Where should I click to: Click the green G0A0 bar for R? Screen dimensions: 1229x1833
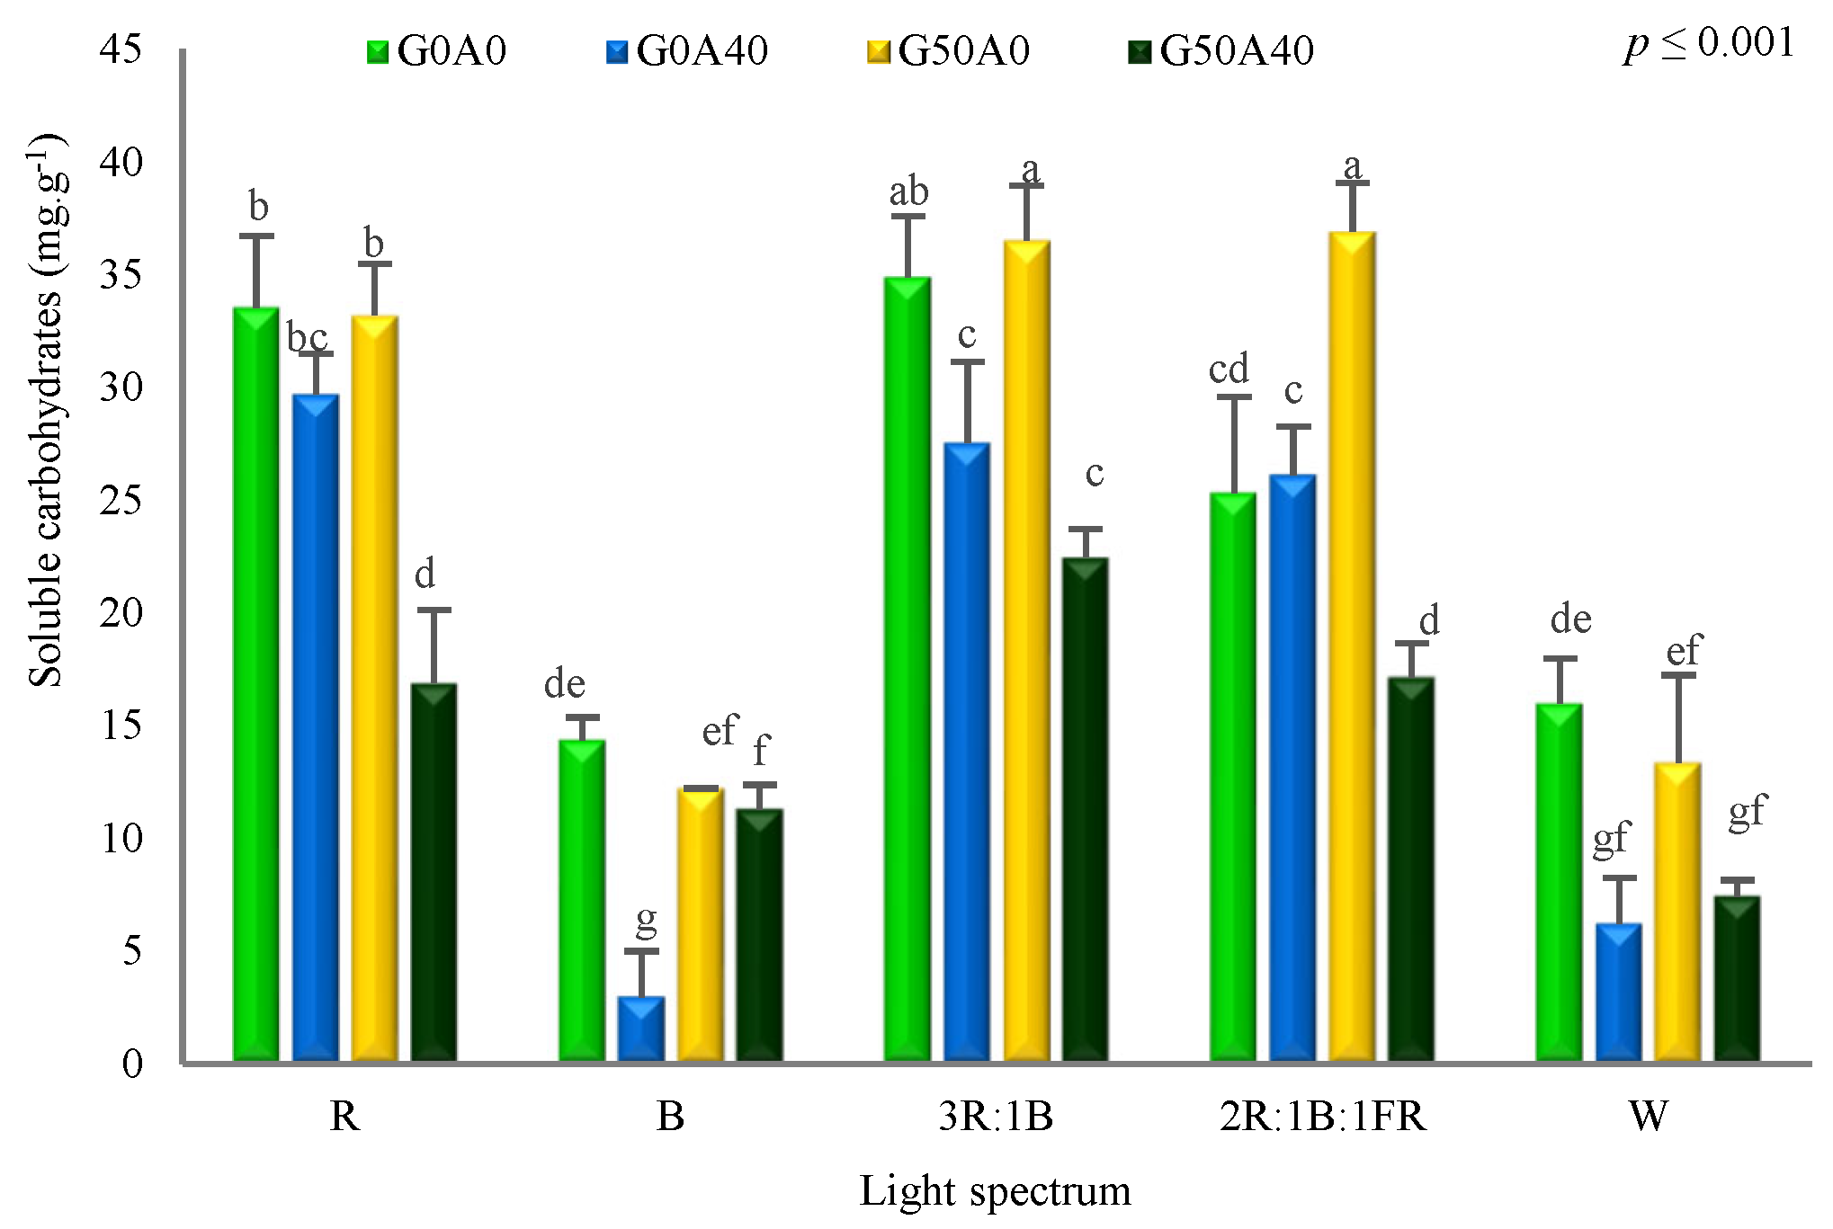tap(255, 683)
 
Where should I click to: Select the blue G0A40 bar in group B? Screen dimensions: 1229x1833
tap(640, 1029)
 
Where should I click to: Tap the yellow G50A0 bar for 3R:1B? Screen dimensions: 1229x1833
tap(1026, 651)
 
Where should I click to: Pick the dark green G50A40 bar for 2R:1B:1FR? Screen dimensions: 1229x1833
tap(1410, 868)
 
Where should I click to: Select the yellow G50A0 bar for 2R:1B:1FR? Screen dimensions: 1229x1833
tap(1352, 646)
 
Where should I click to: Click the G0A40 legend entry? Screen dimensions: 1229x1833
tap(687, 51)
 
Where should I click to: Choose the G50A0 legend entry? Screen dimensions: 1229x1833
tap(949, 51)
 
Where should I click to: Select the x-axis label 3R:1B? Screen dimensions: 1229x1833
tap(996, 1117)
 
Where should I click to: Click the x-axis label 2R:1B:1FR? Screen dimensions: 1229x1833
tap(1322, 1117)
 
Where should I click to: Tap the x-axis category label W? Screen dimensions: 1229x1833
tap(1648, 1117)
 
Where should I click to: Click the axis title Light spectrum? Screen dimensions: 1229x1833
tap(995, 1191)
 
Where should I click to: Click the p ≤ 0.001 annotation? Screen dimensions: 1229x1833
tap(1709, 45)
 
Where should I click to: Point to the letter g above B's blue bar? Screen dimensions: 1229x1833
tap(646, 920)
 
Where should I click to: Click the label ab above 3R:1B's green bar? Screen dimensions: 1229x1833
tap(908, 192)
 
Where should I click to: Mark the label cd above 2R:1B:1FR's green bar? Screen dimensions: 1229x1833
tap(1229, 370)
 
